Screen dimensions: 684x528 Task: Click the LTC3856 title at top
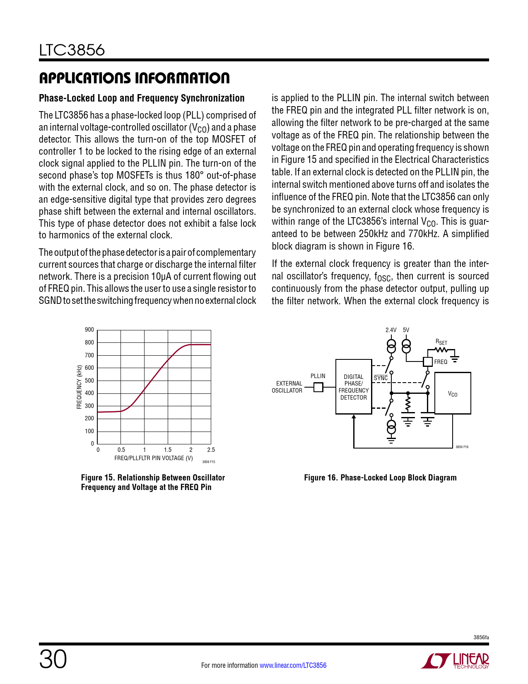tap(72, 50)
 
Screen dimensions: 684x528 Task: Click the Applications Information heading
tap(134, 78)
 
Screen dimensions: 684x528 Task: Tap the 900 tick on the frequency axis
tap(89, 330)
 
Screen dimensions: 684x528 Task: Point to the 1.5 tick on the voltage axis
tap(167, 450)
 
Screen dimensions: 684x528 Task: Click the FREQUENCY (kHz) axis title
tap(79, 387)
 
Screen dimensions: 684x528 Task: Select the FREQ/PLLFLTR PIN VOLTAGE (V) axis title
tap(154, 458)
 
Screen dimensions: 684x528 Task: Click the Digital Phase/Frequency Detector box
tap(353, 387)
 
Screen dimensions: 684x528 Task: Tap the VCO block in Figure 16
tap(452, 393)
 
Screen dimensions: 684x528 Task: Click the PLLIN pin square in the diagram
tap(318, 387)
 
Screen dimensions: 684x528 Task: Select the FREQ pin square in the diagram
tap(428, 361)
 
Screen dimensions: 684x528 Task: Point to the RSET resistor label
tap(441, 342)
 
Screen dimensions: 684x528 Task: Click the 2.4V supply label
tap(391, 330)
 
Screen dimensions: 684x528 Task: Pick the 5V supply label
tap(406, 330)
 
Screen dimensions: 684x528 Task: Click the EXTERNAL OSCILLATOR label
tap(287, 387)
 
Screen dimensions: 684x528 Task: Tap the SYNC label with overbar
tap(381, 378)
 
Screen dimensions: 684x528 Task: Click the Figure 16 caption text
tap(380, 478)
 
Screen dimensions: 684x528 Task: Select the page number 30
tap(53, 660)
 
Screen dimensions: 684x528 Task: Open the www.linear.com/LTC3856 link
tap(293, 665)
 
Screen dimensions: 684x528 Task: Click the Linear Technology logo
tap(455, 661)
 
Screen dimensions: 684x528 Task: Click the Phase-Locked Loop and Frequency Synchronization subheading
tap(142, 98)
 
